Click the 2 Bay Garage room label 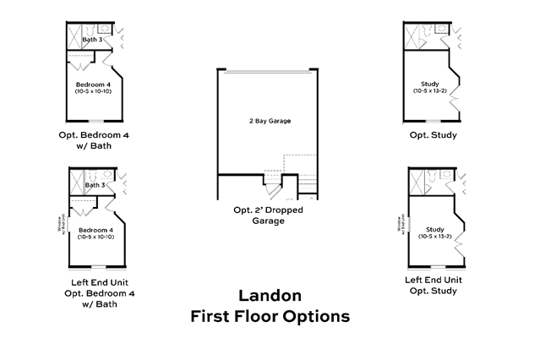pos(269,122)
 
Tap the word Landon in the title pos(269,296)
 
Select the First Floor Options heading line pos(269,317)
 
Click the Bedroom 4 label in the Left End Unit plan pos(94,229)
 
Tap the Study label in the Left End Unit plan pos(434,229)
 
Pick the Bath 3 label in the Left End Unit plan pos(95,184)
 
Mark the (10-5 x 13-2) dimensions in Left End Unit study pos(435,237)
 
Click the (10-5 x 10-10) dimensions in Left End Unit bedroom pos(95,237)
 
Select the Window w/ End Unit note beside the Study pos(400,225)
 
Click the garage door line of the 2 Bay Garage pos(269,71)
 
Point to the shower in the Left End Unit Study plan pos(416,179)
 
